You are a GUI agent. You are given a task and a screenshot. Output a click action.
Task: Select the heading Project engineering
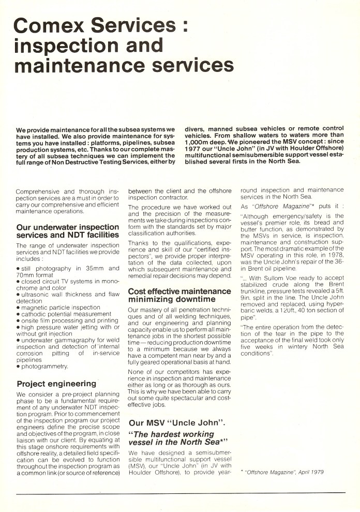pos(56,384)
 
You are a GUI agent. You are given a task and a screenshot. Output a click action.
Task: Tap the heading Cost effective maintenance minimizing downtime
pos(179,295)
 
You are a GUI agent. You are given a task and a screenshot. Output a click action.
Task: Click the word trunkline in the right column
pos(257,291)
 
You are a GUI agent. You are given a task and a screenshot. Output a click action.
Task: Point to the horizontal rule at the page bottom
pos(180,493)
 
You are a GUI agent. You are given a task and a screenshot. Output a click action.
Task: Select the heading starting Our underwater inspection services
pos(68,230)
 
